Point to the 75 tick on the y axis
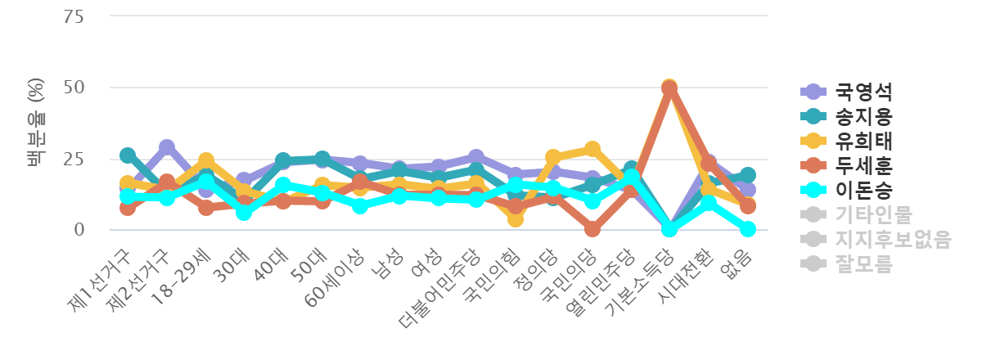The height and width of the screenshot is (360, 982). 74,16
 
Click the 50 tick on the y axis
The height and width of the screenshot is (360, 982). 74,88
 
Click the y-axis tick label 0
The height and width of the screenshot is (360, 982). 79,230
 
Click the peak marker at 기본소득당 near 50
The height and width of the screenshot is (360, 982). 669,87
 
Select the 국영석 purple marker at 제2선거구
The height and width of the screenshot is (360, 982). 167,147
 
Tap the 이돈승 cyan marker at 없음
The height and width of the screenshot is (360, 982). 747,229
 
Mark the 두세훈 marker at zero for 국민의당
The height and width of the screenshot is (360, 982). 592,230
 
